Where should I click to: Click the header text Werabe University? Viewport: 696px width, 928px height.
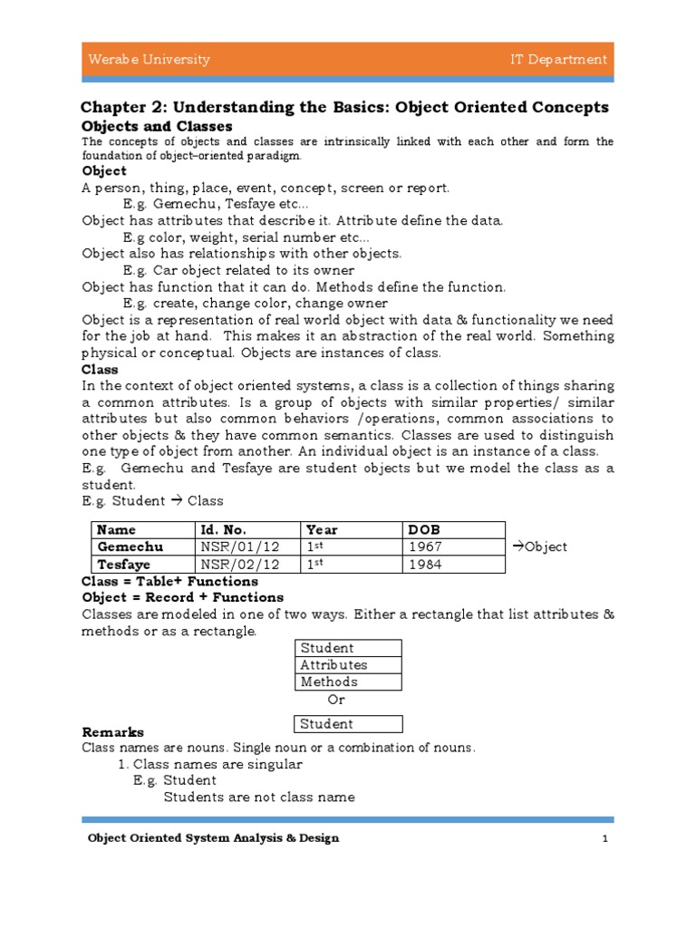149,60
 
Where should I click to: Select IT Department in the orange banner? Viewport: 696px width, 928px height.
558,60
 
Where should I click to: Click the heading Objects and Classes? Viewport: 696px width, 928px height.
157,126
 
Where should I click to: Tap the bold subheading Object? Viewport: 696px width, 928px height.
104,170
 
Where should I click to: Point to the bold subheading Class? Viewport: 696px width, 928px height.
100,370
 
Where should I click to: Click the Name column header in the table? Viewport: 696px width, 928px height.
117,529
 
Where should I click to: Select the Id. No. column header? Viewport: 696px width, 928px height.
223,529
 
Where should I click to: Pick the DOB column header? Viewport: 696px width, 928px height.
425,529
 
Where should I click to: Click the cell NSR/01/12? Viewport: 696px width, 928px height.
234,546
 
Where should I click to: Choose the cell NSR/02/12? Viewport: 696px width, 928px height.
234,564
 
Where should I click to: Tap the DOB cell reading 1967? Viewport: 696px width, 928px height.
426,546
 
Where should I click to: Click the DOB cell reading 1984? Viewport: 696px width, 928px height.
426,564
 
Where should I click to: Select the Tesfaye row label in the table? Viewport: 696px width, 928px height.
125,564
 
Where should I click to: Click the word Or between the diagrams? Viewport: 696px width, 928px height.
336,700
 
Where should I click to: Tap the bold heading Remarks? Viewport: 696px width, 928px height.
113,731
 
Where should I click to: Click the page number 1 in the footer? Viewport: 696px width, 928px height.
604,838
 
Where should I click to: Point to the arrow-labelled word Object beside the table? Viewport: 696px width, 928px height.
540,546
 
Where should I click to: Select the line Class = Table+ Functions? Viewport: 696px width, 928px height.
169,581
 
